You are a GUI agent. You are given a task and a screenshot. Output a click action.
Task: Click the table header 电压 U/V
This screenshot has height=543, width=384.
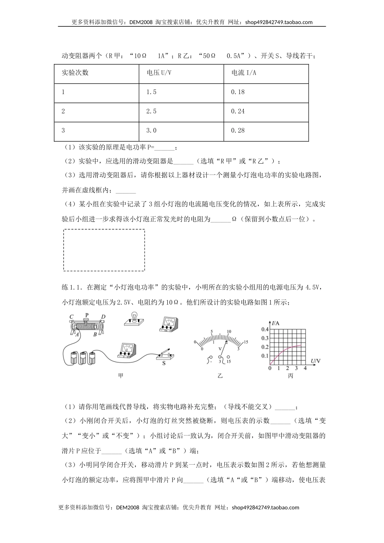click(x=159, y=73)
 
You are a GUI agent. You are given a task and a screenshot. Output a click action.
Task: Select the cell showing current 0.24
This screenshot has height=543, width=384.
click(x=238, y=112)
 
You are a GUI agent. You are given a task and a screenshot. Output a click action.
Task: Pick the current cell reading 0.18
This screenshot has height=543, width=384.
click(x=238, y=92)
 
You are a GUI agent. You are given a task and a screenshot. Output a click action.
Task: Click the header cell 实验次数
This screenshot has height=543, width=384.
click(x=75, y=73)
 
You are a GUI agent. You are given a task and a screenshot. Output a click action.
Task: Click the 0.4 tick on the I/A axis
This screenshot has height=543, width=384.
click(x=265, y=330)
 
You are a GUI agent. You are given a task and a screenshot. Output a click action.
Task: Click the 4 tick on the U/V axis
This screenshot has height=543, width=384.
click(x=305, y=368)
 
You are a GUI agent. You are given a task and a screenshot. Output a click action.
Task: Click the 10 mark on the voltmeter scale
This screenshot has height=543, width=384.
click(x=229, y=331)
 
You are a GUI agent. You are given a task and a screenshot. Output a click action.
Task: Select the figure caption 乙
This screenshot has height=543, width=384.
click(x=220, y=375)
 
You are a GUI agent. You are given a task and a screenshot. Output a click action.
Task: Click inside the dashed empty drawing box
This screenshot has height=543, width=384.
click(x=104, y=250)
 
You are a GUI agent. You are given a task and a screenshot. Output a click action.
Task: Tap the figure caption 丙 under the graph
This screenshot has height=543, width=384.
click(x=290, y=376)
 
